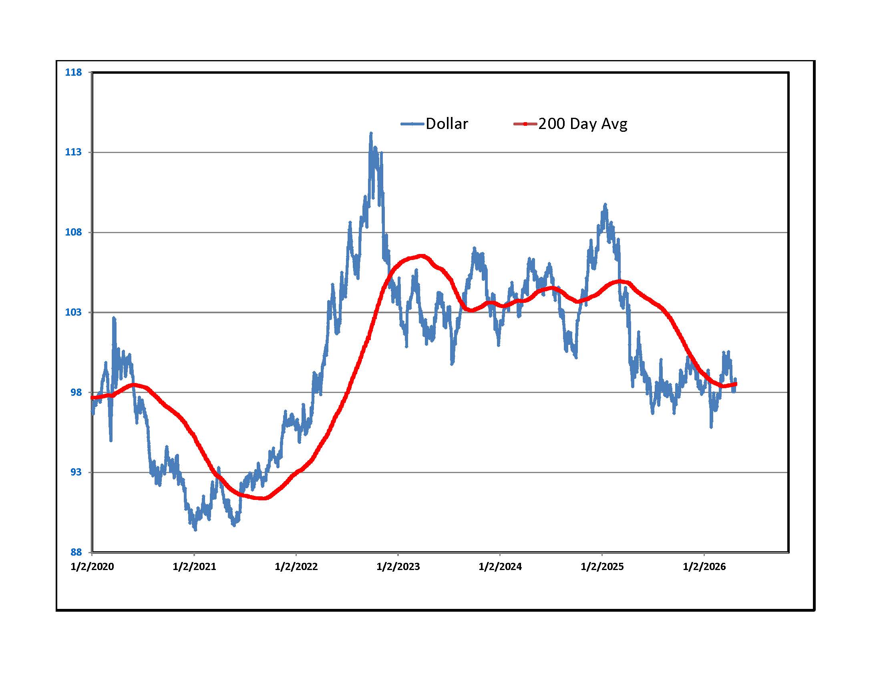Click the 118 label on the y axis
click(73, 73)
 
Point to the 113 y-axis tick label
click(73, 152)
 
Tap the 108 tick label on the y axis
click(73, 232)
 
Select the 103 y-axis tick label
click(73, 312)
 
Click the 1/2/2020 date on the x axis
click(92, 567)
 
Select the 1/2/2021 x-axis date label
click(194, 567)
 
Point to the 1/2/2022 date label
click(296, 567)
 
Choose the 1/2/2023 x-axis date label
click(398, 567)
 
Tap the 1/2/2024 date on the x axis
click(500, 567)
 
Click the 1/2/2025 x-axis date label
click(602, 567)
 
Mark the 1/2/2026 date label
click(704, 567)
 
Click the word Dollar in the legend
click(447, 124)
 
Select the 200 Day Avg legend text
click(583, 124)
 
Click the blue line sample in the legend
click(412, 124)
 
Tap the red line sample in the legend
click(525, 124)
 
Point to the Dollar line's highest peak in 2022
click(371, 133)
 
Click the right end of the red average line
click(735, 384)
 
